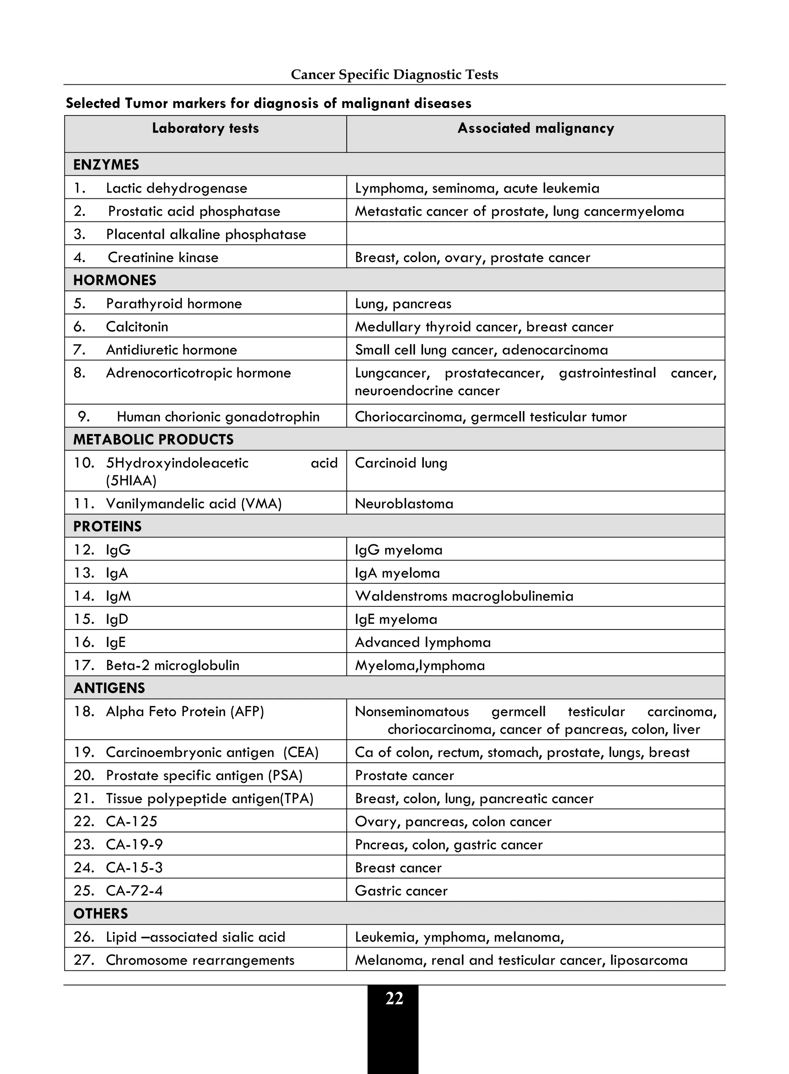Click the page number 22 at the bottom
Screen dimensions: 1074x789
pyautogui.click(x=394, y=998)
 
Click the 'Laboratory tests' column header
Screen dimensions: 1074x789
pyautogui.click(x=205, y=128)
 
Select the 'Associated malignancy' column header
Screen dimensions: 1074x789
pyautogui.click(x=536, y=128)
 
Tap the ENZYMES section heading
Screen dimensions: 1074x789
pyautogui.click(x=106, y=165)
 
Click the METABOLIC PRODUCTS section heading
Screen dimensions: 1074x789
pyautogui.click(x=153, y=439)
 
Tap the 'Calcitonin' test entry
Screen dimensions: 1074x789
pyautogui.click(x=137, y=327)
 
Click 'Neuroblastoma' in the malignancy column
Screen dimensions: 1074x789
pyautogui.click(x=404, y=503)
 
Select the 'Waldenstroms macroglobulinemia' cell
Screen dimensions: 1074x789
pyautogui.click(x=464, y=596)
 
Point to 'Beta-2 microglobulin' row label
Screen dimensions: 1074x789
pyautogui.click(x=173, y=665)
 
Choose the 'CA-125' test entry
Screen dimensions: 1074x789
pyautogui.click(x=131, y=821)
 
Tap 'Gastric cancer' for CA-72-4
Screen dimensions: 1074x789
pyautogui.click(x=401, y=891)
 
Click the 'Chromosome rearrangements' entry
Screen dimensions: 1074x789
pyautogui.click(x=200, y=960)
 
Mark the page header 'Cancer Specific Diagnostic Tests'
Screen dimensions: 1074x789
pyautogui.click(x=394, y=74)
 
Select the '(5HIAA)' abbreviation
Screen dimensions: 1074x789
pyautogui.click(x=131, y=480)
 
